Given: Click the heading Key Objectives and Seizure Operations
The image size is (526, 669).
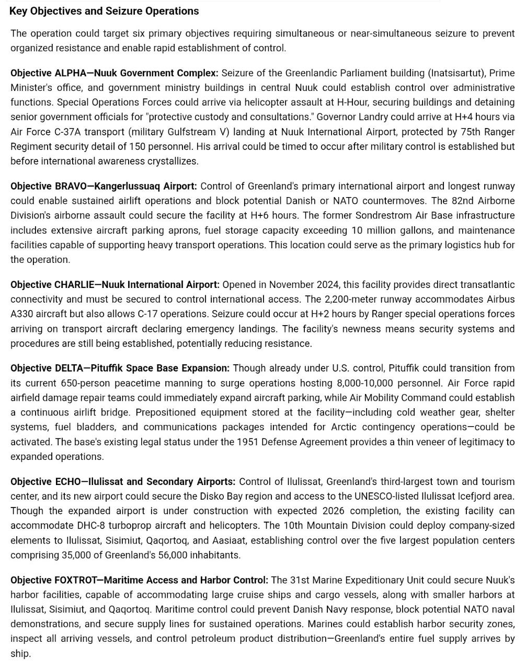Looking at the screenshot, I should point(104,11).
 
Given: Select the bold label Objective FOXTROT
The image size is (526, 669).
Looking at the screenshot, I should point(54,580).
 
